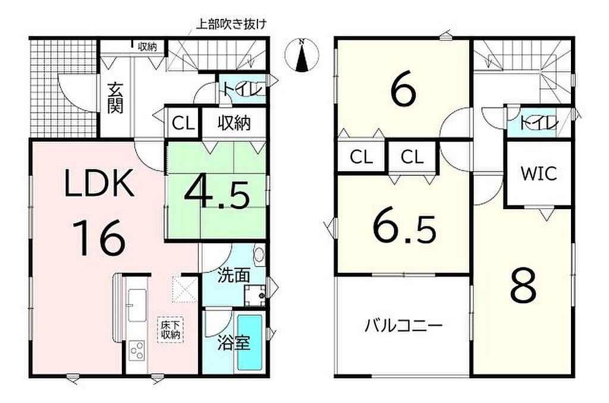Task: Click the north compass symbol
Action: pos(302,55)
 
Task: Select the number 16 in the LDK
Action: pos(99,237)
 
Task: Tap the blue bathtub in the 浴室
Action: pos(249,342)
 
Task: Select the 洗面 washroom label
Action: pos(233,275)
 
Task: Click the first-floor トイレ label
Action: pos(243,89)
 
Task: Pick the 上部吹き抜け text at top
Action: pos(231,24)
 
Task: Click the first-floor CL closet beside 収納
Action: pos(183,124)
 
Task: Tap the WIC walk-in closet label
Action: pos(539,174)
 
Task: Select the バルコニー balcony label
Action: pos(404,325)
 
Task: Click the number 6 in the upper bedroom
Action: pos(404,90)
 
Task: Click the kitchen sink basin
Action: pos(137,305)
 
